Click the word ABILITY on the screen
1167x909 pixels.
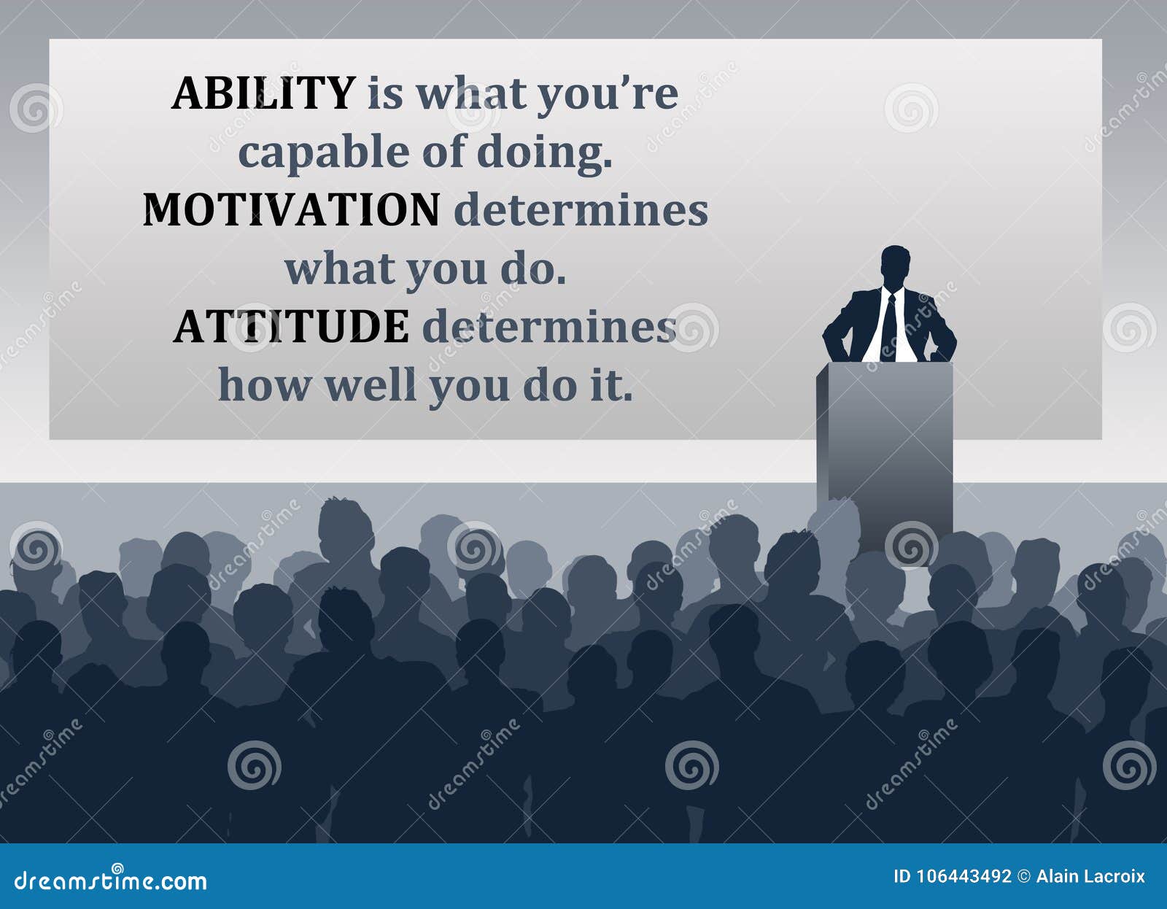coord(263,93)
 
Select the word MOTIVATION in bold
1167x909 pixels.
coord(291,210)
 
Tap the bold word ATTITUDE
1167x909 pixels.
coord(291,327)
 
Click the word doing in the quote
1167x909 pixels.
coord(543,153)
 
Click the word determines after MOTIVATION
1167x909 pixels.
coord(581,210)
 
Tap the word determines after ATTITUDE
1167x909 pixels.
coord(549,327)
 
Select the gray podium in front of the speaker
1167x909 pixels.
coord(885,438)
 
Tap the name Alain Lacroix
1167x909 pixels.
coord(1090,877)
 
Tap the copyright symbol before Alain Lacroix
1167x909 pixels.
coord(1023,877)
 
